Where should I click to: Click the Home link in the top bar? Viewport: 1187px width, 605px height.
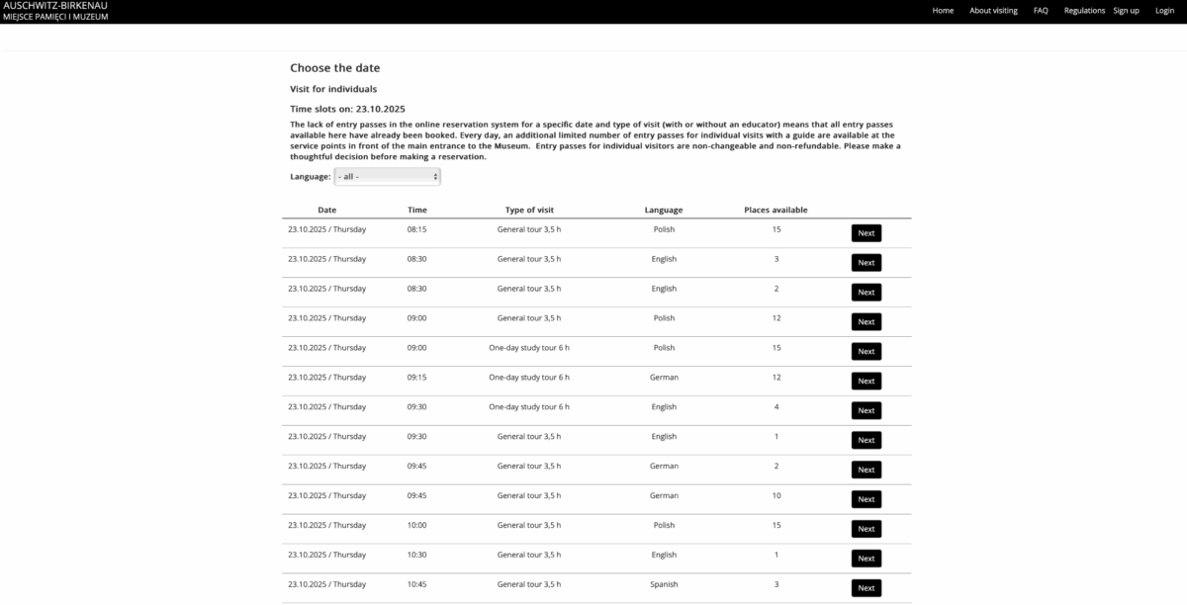tap(943, 11)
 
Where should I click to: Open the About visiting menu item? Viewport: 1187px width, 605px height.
tap(993, 11)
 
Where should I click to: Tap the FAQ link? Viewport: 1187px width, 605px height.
tap(1041, 11)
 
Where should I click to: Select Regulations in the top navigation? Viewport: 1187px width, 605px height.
tap(1084, 11)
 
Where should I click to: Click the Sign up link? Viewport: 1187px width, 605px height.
tap(1126, 11)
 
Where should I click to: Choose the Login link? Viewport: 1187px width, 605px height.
tap(1164, 11)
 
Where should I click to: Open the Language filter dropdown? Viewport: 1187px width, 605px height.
tap(387, 176)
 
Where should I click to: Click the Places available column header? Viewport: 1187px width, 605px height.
tap(776, 210)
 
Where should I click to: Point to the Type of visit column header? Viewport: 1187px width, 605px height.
tap(529, 210)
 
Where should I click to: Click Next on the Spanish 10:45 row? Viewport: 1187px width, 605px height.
tap(866, 588)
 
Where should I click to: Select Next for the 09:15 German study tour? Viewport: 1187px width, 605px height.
tap(866, 381)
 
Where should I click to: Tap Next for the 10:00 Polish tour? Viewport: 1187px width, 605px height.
tap(866, 529)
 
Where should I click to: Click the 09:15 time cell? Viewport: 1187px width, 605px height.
tap(416, 377)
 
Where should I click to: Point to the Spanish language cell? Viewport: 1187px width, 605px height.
tap(664, 584)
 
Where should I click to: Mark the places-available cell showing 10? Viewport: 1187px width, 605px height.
tap(776, 495)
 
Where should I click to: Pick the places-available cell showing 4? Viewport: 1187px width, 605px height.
tap(776, 406)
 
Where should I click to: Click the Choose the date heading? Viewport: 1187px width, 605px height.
tap(334, 68)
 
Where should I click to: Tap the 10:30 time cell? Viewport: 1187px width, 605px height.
tap(416, 555)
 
